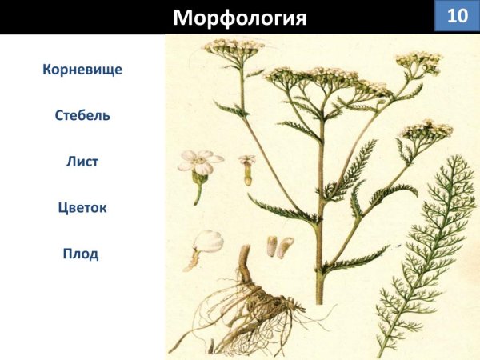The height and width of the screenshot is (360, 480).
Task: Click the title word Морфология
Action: click(240, 18)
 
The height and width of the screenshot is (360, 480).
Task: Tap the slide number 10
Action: click(457, 16)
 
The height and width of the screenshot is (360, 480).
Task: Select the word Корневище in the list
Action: click(82, 70)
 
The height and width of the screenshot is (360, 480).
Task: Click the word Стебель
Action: click(82, 115)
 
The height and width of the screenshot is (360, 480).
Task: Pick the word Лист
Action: click(82, 161)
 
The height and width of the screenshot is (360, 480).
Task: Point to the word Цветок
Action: click(82, 208)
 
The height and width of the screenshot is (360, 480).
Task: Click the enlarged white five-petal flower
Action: click(199, 162)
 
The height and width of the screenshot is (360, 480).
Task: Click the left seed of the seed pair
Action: click(272, 246)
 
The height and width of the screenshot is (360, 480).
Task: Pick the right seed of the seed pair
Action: click(286, 246)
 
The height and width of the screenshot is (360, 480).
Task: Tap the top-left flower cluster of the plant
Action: click(234, 46)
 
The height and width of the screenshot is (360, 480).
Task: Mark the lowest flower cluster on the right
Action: click(426, 130)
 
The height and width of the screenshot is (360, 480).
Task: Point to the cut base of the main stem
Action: click(320, 299)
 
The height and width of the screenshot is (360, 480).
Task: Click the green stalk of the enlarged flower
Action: click(197, 193)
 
